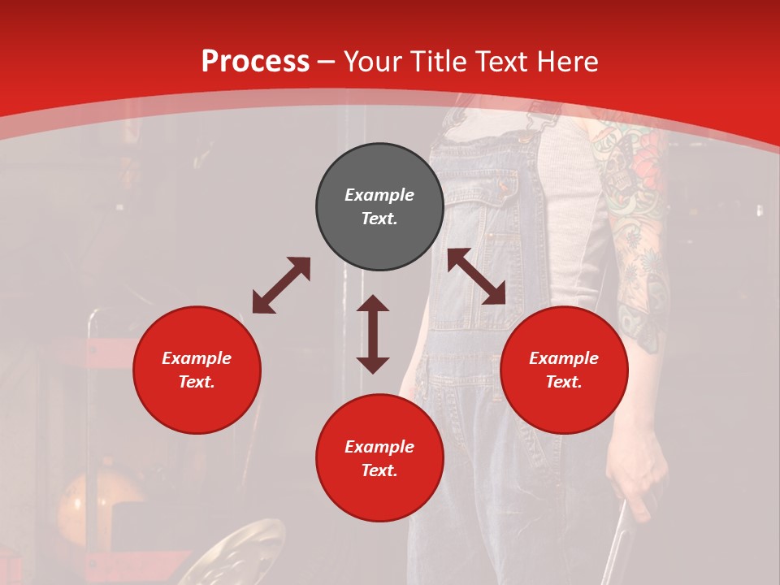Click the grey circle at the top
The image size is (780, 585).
pos(379,207)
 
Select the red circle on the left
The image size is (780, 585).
pos(197,370)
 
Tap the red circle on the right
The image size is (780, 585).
pos(564,370)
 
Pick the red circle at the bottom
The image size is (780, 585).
pos(379,458)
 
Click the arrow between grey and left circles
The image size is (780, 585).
pos(281,285)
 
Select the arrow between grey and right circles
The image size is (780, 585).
pos(477,276)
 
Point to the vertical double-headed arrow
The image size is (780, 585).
pos(373,334)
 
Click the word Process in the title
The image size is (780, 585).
pos(255,61)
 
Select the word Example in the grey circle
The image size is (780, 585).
pos(379,195)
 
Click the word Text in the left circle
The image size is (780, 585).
pos(196,382)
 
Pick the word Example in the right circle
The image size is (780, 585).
pos(564,358)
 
